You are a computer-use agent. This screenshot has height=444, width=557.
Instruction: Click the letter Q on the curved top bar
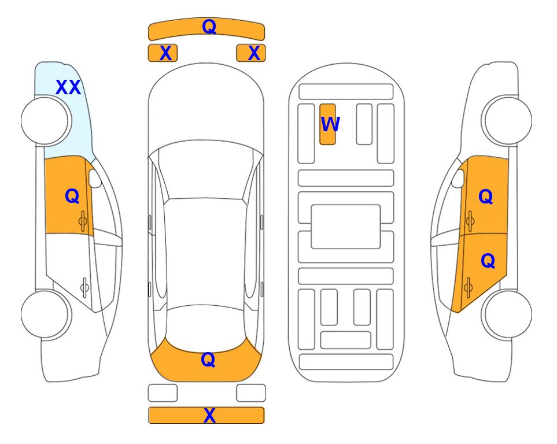(x=209, y=27)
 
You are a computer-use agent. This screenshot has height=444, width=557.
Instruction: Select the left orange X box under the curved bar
(x=163, y=53)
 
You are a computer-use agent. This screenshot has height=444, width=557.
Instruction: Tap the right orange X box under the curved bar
(x=251, y=53)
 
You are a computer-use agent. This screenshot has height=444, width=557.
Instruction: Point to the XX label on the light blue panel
(x=68, y=87)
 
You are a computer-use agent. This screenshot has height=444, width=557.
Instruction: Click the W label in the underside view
(x=330, y=124)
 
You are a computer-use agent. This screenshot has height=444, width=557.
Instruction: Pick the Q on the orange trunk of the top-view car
(x=208, y=360)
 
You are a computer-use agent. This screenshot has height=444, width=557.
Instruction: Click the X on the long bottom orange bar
(x=209, y=415)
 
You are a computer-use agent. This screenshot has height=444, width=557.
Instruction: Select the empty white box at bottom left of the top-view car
(x=163, y=393)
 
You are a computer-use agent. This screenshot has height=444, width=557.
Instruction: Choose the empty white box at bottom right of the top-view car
(x=251, y=393)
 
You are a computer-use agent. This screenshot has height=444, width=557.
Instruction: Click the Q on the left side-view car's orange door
(x=72, y=196)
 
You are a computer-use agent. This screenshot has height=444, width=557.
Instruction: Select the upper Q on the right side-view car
(x=486, y=197)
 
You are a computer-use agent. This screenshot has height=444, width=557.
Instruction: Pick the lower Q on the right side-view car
(x=488, y=261)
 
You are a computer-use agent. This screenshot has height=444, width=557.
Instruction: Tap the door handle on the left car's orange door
(x=83, y=221)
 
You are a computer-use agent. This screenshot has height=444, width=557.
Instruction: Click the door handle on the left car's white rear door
(x=84, y=287)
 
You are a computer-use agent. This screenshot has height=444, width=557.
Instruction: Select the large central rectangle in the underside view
(x=346, y=227)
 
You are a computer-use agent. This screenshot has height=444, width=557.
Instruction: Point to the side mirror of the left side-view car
(x=95, y=178)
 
